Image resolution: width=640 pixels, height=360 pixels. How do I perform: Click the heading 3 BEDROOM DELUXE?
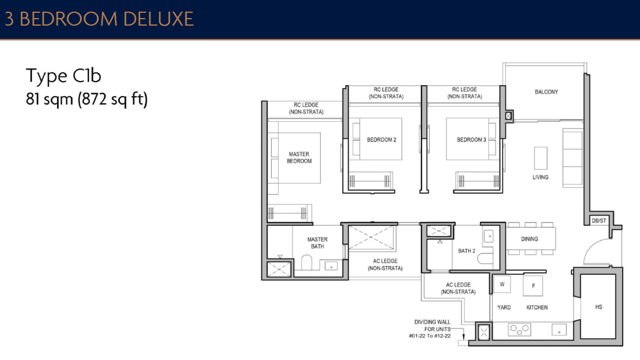point(99,19)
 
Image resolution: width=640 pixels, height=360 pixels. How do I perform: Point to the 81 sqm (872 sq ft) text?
point(87,99)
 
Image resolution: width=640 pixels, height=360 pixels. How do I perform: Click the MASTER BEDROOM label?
point(299,158)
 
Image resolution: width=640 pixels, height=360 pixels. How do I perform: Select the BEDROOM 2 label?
point(381,140)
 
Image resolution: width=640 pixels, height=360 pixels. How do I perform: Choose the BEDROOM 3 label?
point(471,140)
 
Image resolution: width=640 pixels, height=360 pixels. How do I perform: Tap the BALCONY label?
point(546,92)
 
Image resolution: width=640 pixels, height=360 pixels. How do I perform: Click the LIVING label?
point(540,177)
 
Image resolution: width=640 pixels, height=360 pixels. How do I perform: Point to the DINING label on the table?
point(529,239)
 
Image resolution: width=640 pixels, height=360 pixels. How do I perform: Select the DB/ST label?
point(599,221)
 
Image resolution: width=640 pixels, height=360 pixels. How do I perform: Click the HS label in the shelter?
point(599,307)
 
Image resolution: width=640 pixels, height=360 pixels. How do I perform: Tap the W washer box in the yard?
point(502,285)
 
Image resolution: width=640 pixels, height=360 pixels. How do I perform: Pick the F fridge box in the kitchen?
point(533,286)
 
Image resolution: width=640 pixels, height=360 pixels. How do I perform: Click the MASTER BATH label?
point(318,243)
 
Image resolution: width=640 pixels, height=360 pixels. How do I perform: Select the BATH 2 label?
point(467,251)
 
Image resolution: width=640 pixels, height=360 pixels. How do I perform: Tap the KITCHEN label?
point(537,308)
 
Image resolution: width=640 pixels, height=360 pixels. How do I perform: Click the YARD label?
point(504,308)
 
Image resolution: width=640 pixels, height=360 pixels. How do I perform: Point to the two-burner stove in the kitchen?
point(519,329)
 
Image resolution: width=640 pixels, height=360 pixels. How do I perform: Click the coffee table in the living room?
point(540,157)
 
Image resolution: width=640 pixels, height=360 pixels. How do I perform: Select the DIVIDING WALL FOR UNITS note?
point(432,329)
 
